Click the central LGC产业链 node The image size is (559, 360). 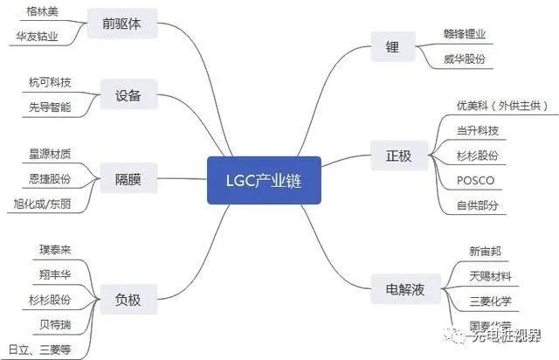coord(264,179)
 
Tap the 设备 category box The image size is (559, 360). coord(128,94)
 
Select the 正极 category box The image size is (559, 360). coord(398,156)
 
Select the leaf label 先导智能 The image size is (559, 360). coord(50,107)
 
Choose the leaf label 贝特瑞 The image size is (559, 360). coord(55,324)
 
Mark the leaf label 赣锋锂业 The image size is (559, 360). coord(464,34)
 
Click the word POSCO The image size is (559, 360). coord(475,181)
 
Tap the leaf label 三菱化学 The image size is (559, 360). coord(490,302)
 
